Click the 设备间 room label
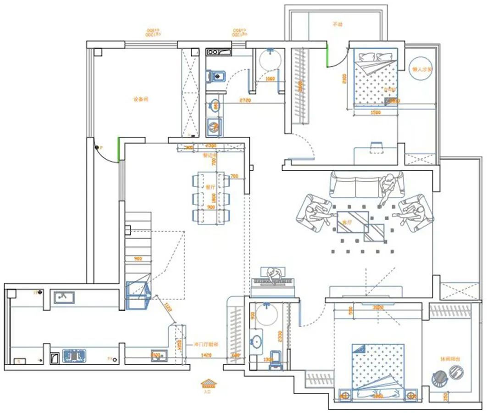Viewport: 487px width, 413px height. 141,99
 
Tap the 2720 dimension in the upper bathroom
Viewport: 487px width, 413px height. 245,100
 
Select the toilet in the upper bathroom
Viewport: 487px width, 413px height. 215,76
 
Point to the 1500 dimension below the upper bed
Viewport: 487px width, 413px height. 376,112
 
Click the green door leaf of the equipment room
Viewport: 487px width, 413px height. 119,148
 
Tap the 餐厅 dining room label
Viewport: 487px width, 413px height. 210,187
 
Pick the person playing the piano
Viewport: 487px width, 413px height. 274,275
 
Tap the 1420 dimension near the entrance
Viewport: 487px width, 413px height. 206,355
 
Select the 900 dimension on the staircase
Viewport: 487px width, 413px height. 138,259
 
